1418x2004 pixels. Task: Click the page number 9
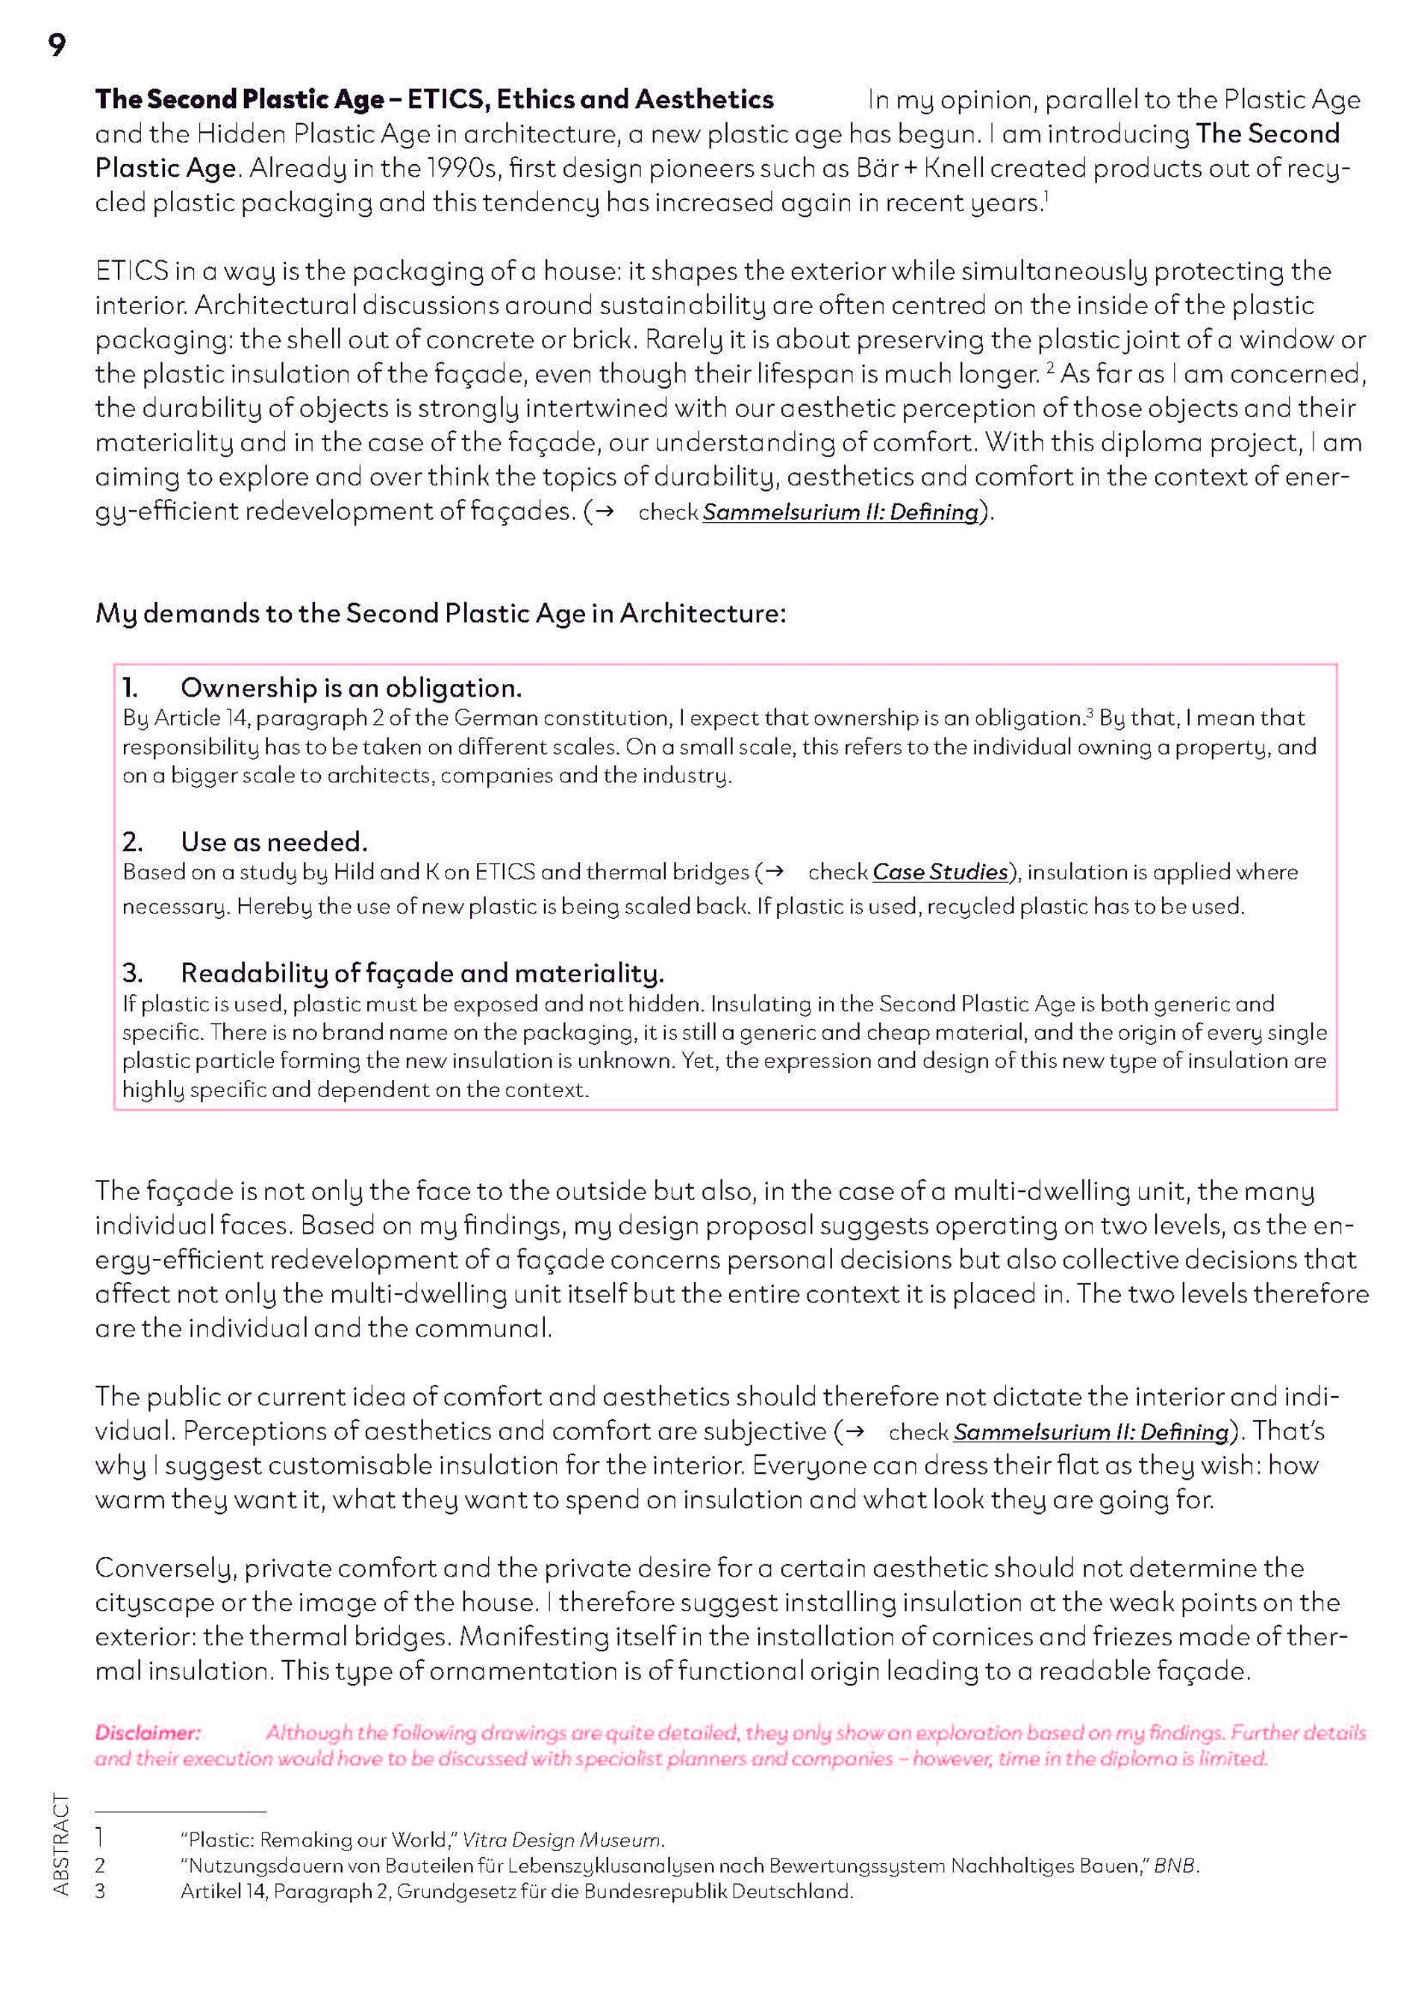[x=57, y=45]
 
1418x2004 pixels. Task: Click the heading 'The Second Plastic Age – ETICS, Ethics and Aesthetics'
[x=434, y=99]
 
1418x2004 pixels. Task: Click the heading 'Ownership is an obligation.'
[x=351, y=688]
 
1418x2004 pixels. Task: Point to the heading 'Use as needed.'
[x=274, y=841]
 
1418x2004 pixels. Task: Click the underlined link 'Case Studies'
[x=940, y=872]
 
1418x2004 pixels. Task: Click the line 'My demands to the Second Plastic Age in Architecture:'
[x=440, y=614]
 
